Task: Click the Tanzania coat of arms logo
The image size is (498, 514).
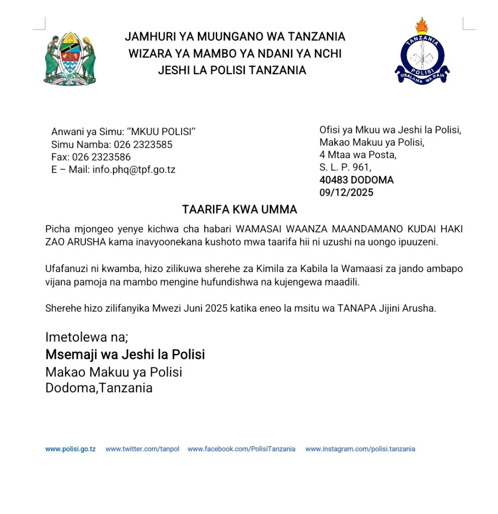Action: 69,59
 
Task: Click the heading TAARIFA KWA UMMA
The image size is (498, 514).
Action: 239,209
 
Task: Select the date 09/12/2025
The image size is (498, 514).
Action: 346,192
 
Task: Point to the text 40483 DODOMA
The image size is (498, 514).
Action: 356,180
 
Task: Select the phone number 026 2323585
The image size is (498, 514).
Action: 143,145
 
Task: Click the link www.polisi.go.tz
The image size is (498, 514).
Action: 70,449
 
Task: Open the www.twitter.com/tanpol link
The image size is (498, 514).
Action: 142,449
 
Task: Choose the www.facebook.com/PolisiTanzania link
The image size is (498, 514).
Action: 241,449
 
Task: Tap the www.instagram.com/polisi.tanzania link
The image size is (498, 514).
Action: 360,449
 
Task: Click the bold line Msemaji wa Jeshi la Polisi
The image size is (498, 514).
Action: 125,354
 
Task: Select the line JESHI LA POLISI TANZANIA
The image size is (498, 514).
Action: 232,70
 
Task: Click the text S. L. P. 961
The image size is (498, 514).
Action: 345,167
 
